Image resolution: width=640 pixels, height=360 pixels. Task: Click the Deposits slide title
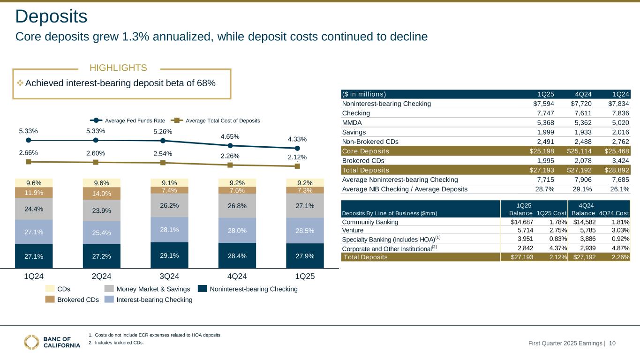[51, 17]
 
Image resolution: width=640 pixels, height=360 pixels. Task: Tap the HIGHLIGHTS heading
[118, 68]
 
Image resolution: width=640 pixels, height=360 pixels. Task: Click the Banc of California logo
[52, 342]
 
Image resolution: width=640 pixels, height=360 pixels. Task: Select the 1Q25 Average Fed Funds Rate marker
[297, 149]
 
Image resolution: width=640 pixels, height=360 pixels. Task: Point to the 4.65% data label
[230, 136]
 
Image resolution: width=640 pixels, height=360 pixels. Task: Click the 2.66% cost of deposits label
[29, 152]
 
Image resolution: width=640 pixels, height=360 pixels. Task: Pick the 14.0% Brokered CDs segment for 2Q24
[96, 194]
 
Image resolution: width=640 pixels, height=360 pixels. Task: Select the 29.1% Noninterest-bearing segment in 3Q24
[163, 255]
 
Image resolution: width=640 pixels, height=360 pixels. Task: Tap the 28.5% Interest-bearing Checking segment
[297, 231]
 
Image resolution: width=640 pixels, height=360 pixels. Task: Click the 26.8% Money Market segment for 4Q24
[230, 205]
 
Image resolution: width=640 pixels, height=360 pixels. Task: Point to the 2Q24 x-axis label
[96, 276]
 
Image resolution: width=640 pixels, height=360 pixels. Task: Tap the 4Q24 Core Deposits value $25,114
[566, 150]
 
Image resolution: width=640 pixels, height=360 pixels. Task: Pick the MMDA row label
[352, 122]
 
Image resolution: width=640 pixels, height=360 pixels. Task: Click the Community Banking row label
[370, 222]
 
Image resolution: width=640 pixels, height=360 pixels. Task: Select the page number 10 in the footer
[612, 344]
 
